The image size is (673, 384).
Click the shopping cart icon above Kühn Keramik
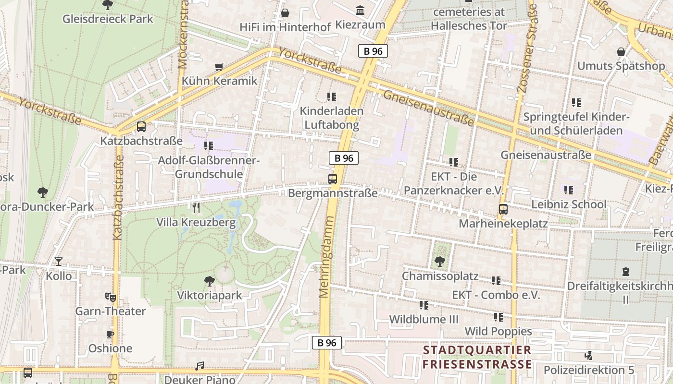coord(219,67)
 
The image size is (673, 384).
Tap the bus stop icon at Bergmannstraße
coord(332,179)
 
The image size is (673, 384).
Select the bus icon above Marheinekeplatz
coord(503,209)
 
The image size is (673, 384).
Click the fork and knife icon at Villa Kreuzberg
coord(196,208)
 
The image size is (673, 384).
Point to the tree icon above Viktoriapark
coord(209,281)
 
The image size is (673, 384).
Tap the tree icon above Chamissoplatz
coord(439,262)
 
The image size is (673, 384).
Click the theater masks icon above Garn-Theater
coord(110,297)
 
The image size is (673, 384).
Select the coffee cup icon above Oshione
coord(110,334)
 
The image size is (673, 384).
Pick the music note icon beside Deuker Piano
coord(199,366)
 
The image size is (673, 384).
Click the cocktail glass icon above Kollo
coord(59,262)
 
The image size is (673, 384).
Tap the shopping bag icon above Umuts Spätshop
coord(621,52)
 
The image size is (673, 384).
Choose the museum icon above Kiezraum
coord(360,10)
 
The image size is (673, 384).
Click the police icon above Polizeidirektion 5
coord(588,356)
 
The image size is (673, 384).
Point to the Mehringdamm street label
coord(326,257)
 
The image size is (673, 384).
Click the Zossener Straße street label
coord(526,48)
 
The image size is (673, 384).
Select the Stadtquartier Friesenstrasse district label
coord(477,357)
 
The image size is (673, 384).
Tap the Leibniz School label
coord(568,204)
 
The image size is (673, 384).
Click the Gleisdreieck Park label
coord(108,19)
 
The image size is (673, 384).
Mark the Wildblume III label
coord(424,319)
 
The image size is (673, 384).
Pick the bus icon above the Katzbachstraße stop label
coord(141,127)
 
